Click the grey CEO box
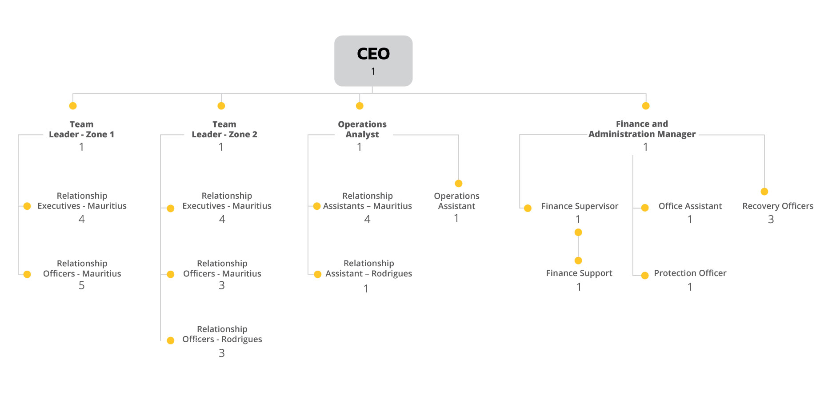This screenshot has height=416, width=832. pyautogui.click(x=373, y=61)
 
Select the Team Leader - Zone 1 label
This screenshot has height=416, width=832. pyautogui.click(x=81, y=129)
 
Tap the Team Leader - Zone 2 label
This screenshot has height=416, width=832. pyautogui.click(x=224, y=129)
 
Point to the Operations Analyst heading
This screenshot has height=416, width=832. pyautogui.click(x=362, y=129)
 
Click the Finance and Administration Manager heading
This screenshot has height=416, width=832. pyautogui.click(x=642, y=129)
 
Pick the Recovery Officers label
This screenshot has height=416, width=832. pyautogui.click(x=778, y=206)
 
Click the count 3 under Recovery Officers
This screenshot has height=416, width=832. pyautogui.click(x=771, y=219)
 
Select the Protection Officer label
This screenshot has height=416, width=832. pyautogui.click(x=690, y=273)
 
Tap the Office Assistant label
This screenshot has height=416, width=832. pyautogui.click(x=690, y=206)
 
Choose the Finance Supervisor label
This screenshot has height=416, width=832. pyautogui.click(x=580, y=206)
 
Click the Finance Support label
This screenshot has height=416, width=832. pyautogui.click(x=579, y=273)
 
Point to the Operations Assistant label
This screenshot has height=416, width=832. pyautogui.click(x=456, y=201)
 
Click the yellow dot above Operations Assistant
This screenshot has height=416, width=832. pyautogui.click(x=459, y=184)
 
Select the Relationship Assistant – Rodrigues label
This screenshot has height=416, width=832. pyautogui.click(x=368, y=268)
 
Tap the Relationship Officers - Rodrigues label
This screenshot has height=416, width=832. pyautogui.click(x=222, y=334)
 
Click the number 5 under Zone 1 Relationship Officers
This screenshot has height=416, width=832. pyautogui.click(x=82, y=285)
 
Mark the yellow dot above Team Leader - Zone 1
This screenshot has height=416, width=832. pyautogui.click(x=73, y=106)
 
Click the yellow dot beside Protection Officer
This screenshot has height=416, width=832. pyautogui.click(x=645, y=276)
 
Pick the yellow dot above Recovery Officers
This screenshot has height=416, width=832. pyautogui.click(x=764, y=192)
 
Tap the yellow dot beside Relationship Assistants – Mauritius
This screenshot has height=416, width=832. pyautogui.click(x=317, y=206)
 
